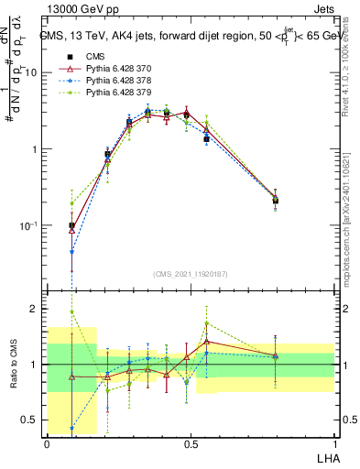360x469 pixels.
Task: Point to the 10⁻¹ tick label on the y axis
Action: pos(30,225)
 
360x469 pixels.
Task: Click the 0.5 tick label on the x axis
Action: pos(191,443)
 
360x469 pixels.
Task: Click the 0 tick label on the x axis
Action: pos(47,443)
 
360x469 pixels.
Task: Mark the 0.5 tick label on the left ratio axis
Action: pos(32,420)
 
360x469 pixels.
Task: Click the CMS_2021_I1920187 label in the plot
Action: pos(190,273)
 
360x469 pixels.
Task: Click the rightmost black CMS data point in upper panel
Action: pos(276,201)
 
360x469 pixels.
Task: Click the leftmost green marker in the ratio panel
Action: pos(71,312)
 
